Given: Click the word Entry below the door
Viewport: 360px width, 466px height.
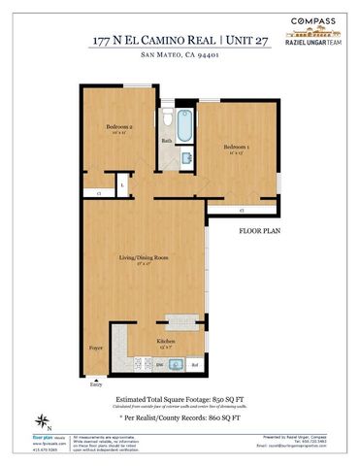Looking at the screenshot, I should (96, 384).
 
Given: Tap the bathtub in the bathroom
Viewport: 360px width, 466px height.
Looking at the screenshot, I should (184, 126).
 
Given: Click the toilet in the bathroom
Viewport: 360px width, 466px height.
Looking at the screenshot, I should (167, 120).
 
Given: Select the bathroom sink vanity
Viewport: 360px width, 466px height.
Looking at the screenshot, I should (169, 156).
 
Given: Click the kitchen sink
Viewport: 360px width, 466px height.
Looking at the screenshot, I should (178, 365).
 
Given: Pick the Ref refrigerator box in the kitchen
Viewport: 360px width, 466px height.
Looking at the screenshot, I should (195, 366).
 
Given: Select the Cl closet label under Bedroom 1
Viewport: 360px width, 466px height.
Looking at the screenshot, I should (241, 209).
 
